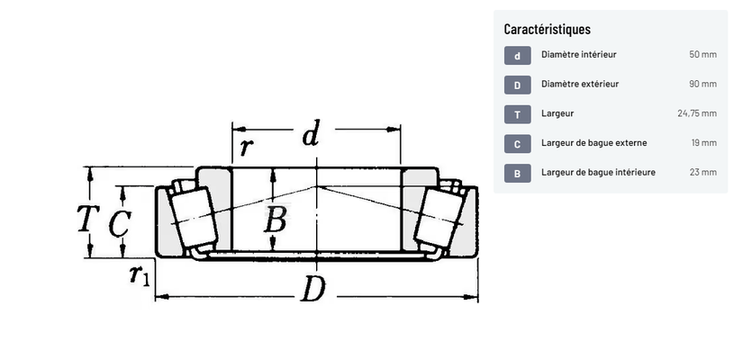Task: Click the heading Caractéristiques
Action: click(548, 29)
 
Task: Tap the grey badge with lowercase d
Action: click(517, 56)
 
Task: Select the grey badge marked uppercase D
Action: click(517, 85)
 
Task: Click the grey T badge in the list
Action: click(517, 114)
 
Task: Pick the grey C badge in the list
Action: click(517, 144)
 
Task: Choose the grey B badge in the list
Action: click(517, 174)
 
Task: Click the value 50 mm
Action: click(702, 54)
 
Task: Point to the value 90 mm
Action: click(702, 84)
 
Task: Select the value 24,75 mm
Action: click(697, 113)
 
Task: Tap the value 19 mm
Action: click(704, 142)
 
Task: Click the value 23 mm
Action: click(702, 172)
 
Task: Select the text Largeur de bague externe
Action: click(594, 142)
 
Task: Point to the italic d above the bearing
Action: click(312, 133)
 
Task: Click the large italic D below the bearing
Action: click(313, 289)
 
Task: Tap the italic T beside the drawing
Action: click(88, 219)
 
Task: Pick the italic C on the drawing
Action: click(120, 223)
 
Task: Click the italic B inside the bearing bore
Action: click(276, 219)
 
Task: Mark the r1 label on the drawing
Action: click(140, 274)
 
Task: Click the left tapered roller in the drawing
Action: click(193, 218)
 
